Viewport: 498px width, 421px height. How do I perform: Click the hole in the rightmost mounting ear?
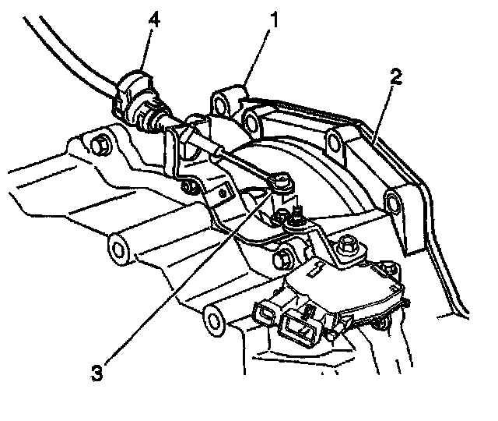click(x=393, y=204)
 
